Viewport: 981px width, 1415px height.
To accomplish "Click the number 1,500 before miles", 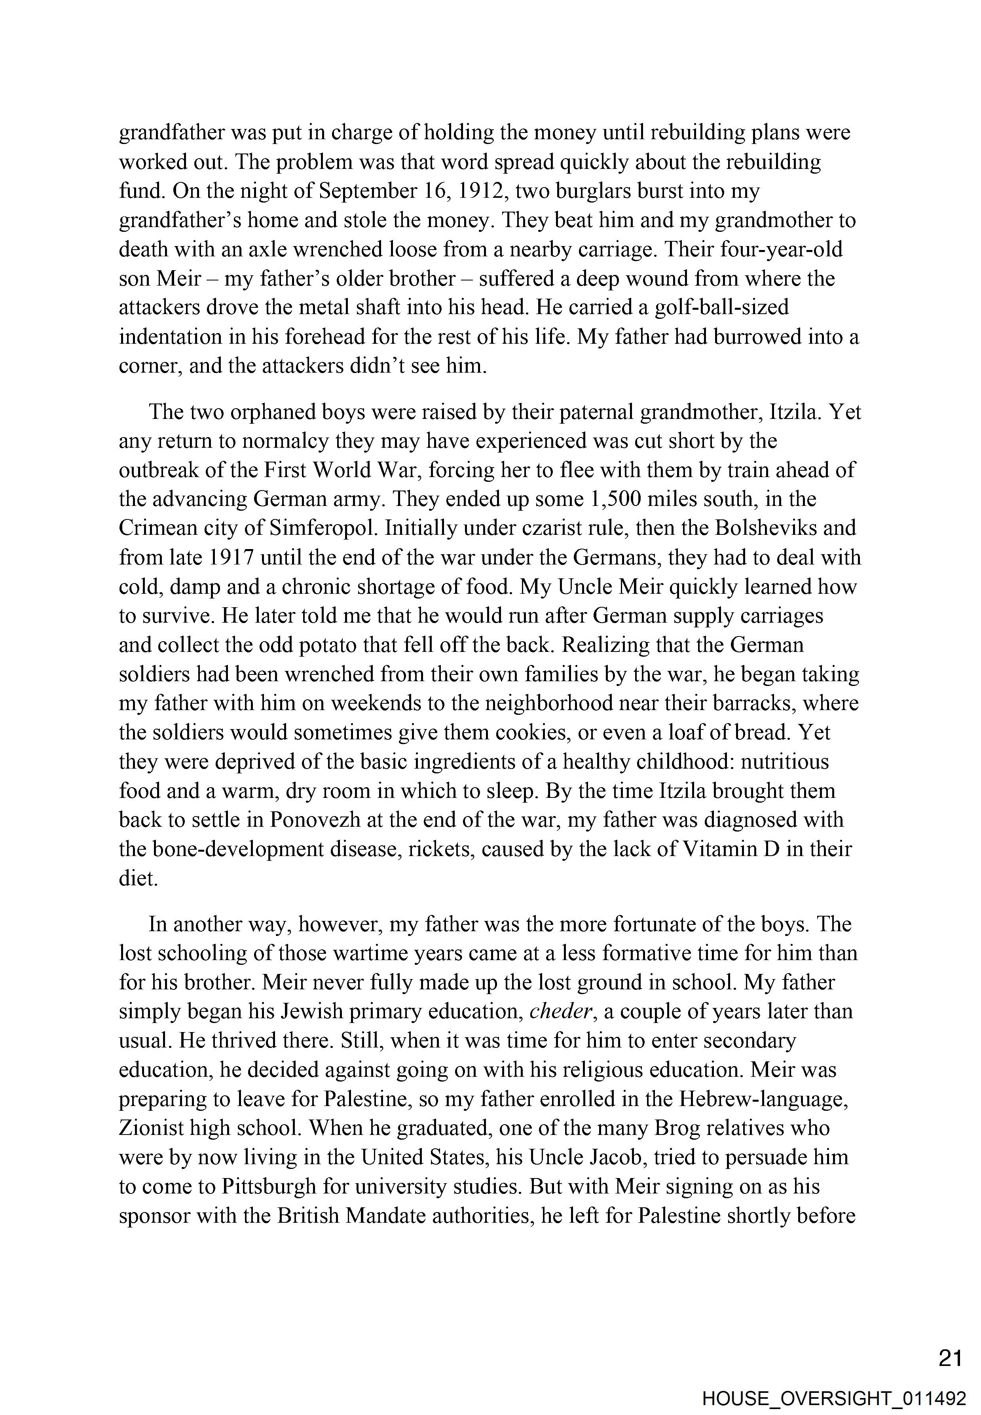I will tap(617, 498).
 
